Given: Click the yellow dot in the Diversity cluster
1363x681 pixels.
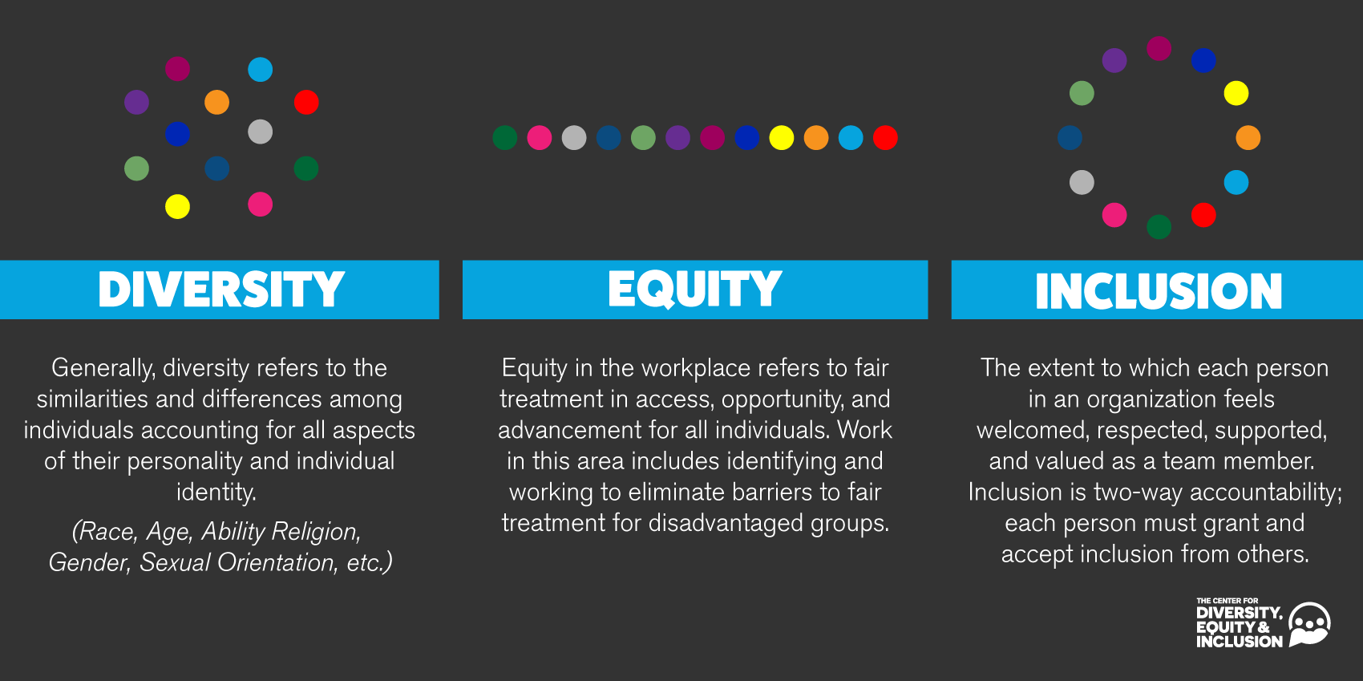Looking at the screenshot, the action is point(178,207).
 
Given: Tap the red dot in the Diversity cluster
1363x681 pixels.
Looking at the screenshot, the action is point(306,102).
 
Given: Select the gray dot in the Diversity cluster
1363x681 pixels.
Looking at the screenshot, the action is point(261,132).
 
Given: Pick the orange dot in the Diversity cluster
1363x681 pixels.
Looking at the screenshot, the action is point(216,102).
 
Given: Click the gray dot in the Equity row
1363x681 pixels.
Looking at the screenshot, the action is point(574,137).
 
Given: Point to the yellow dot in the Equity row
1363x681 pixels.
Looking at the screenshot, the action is point(781,137).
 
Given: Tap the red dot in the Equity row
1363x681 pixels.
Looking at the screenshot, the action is point(884,137).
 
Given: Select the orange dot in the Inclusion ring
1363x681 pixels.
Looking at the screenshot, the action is point(1248,137).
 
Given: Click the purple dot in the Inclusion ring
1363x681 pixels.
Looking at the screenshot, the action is point(1114,60).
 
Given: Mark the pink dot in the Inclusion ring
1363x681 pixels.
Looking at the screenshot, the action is point(1114,215).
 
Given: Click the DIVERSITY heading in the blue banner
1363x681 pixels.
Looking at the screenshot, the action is point(221,290).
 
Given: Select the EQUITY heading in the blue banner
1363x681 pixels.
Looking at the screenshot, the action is point(695,290).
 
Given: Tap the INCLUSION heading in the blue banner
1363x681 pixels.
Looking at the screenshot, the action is point(1159,291).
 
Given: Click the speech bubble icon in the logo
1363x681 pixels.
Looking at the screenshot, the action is point(1309,625).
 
